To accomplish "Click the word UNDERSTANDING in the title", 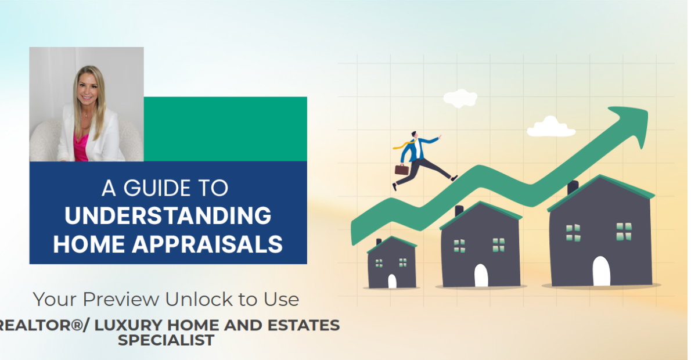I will tap(168, 216).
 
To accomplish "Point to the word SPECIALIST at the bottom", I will tap(166, 340).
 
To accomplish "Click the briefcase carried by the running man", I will tap(401, 169).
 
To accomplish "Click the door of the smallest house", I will tap(392, 281).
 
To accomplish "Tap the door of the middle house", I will tap(481, 275).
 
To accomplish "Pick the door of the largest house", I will tap(602, 271).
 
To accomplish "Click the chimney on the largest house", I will tap(573, 187).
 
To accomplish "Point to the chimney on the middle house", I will tap(459, 210).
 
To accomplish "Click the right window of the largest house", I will tap(624, 232).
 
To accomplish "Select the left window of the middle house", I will tap(459, 245).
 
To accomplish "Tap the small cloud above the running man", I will tap(460, 98).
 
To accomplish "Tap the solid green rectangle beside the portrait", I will tap(225, 129).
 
